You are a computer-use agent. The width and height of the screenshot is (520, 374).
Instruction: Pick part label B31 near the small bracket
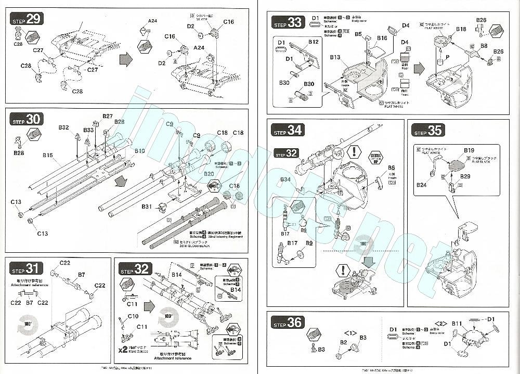pos(147,207)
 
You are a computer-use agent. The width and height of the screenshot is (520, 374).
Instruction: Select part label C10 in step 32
pos(133,316)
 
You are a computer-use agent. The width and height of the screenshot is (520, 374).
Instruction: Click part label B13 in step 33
pos(334,57)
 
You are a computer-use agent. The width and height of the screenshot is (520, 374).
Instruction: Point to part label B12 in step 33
pos(313,42)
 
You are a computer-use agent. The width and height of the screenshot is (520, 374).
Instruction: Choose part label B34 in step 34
pos(285,179)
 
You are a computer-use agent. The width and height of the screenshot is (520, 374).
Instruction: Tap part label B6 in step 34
pos(391,168)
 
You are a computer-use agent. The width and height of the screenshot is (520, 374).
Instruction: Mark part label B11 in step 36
pos(457,324)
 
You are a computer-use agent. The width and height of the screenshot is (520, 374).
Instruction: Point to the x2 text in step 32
pos(123,350)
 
